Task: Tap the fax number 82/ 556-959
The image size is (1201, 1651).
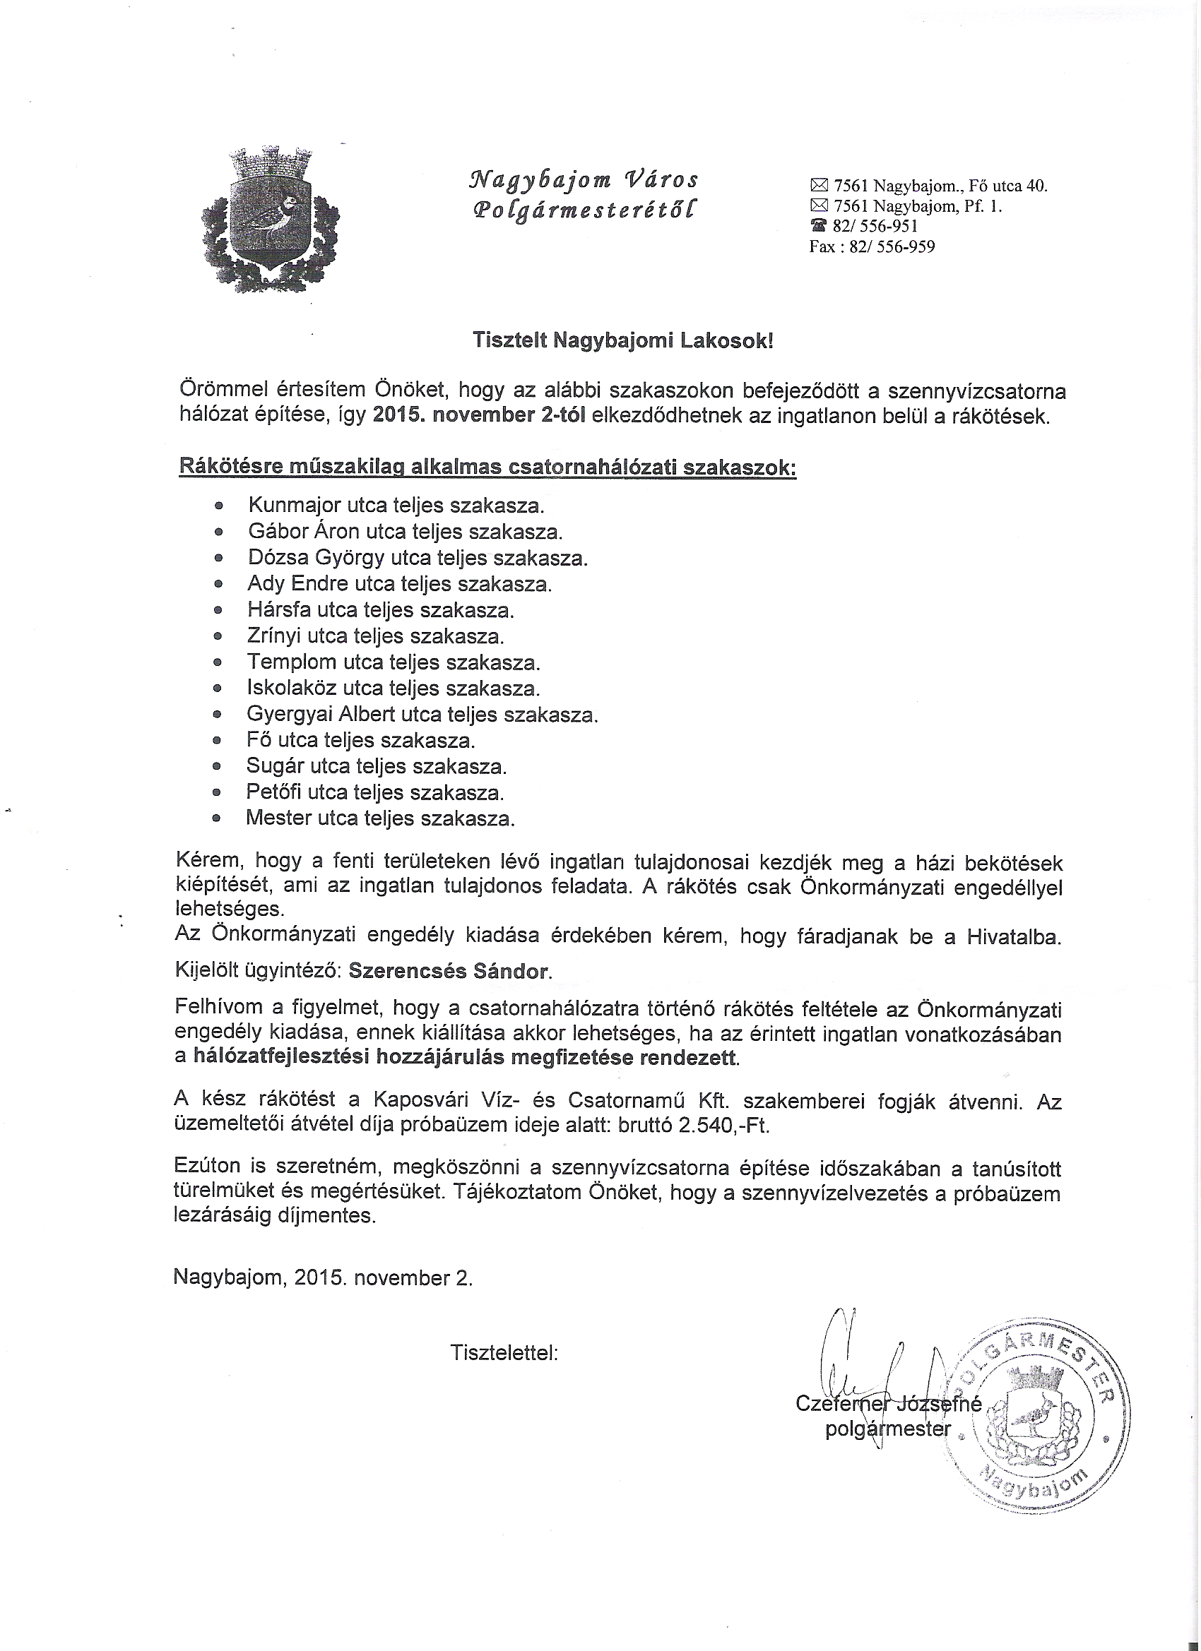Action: click(892, 246)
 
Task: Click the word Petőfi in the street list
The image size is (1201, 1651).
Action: click(273, 792)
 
